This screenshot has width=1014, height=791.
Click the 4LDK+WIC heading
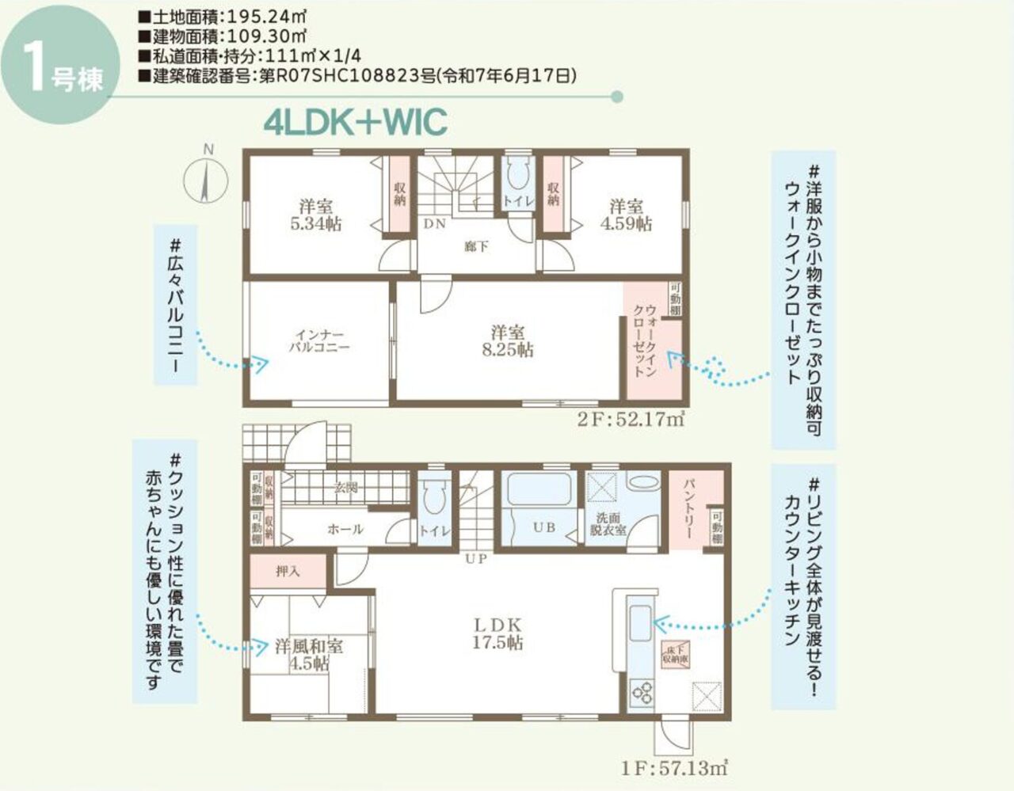click(x=356, y=123)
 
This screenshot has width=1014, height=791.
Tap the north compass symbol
click(x=206, y=181)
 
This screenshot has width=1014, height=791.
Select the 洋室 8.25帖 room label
click(x=507, y=341)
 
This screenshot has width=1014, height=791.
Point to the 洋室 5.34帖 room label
click(x=316, y=215)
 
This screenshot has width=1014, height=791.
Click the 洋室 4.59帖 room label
click(x=626, y=215)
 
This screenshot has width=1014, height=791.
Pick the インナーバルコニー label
click(x=318, y=341)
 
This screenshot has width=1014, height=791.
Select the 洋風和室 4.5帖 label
click(x=308, y=654)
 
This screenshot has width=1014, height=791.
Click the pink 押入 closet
click(x=288, y=571)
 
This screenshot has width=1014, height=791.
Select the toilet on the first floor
click(x=433, y=498)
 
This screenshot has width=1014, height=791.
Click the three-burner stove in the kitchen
click(x=641, y=690)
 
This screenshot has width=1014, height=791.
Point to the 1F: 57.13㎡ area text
click(x=675, y=767)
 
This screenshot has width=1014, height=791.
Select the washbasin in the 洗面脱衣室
click(x=640, y=482)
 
